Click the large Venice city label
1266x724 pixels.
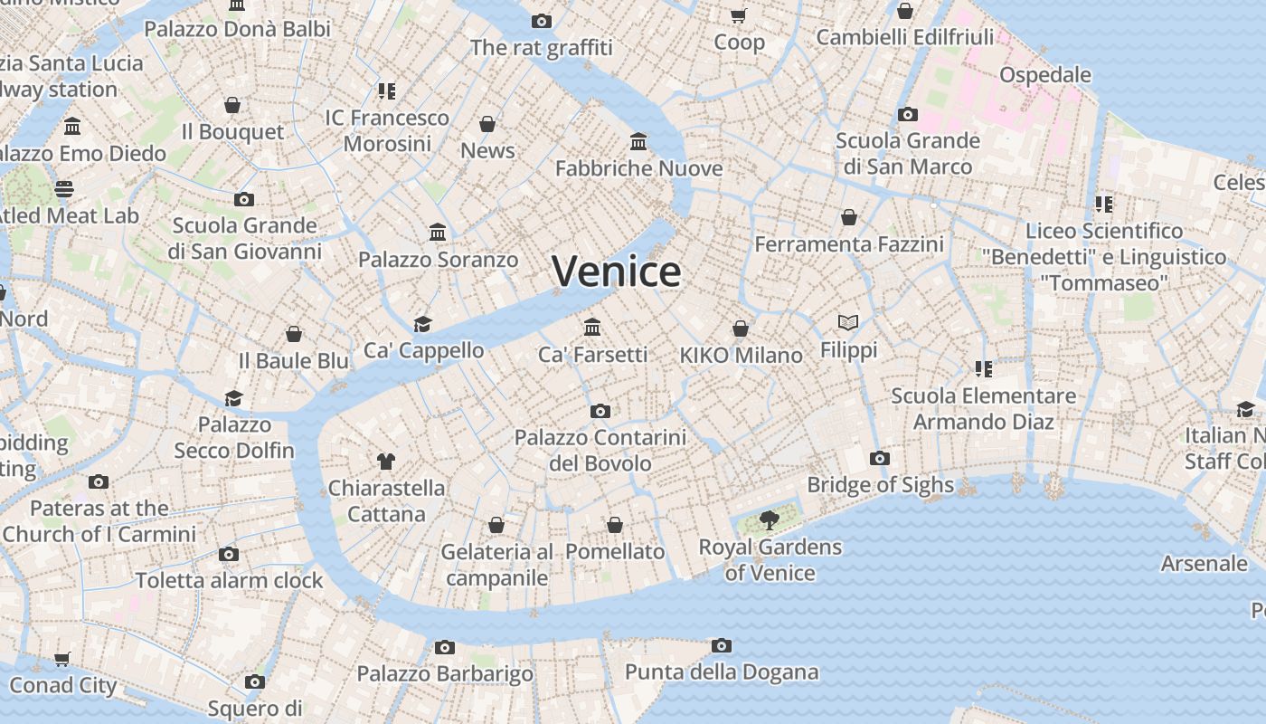616,271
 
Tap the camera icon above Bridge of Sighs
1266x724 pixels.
880,459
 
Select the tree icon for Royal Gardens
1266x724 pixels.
770,520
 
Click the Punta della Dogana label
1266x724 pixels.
722,672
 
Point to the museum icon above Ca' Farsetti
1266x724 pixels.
592,327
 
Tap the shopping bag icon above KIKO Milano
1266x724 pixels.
741,329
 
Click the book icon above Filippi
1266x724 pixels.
848,322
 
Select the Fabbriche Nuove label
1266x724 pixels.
638,168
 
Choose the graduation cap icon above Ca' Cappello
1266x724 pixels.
422,324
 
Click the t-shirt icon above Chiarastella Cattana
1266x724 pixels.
386,462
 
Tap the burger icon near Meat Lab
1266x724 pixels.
64,189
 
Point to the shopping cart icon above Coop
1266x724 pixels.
739,15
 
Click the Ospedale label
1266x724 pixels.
1044,75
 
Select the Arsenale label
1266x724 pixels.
1204,563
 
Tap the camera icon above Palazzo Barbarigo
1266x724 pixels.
444,647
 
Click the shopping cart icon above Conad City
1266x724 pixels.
62,660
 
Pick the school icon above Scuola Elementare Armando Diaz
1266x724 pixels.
984,369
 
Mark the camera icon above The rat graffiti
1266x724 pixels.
542,21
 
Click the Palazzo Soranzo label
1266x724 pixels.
438,260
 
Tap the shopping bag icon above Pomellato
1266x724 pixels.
615,525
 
